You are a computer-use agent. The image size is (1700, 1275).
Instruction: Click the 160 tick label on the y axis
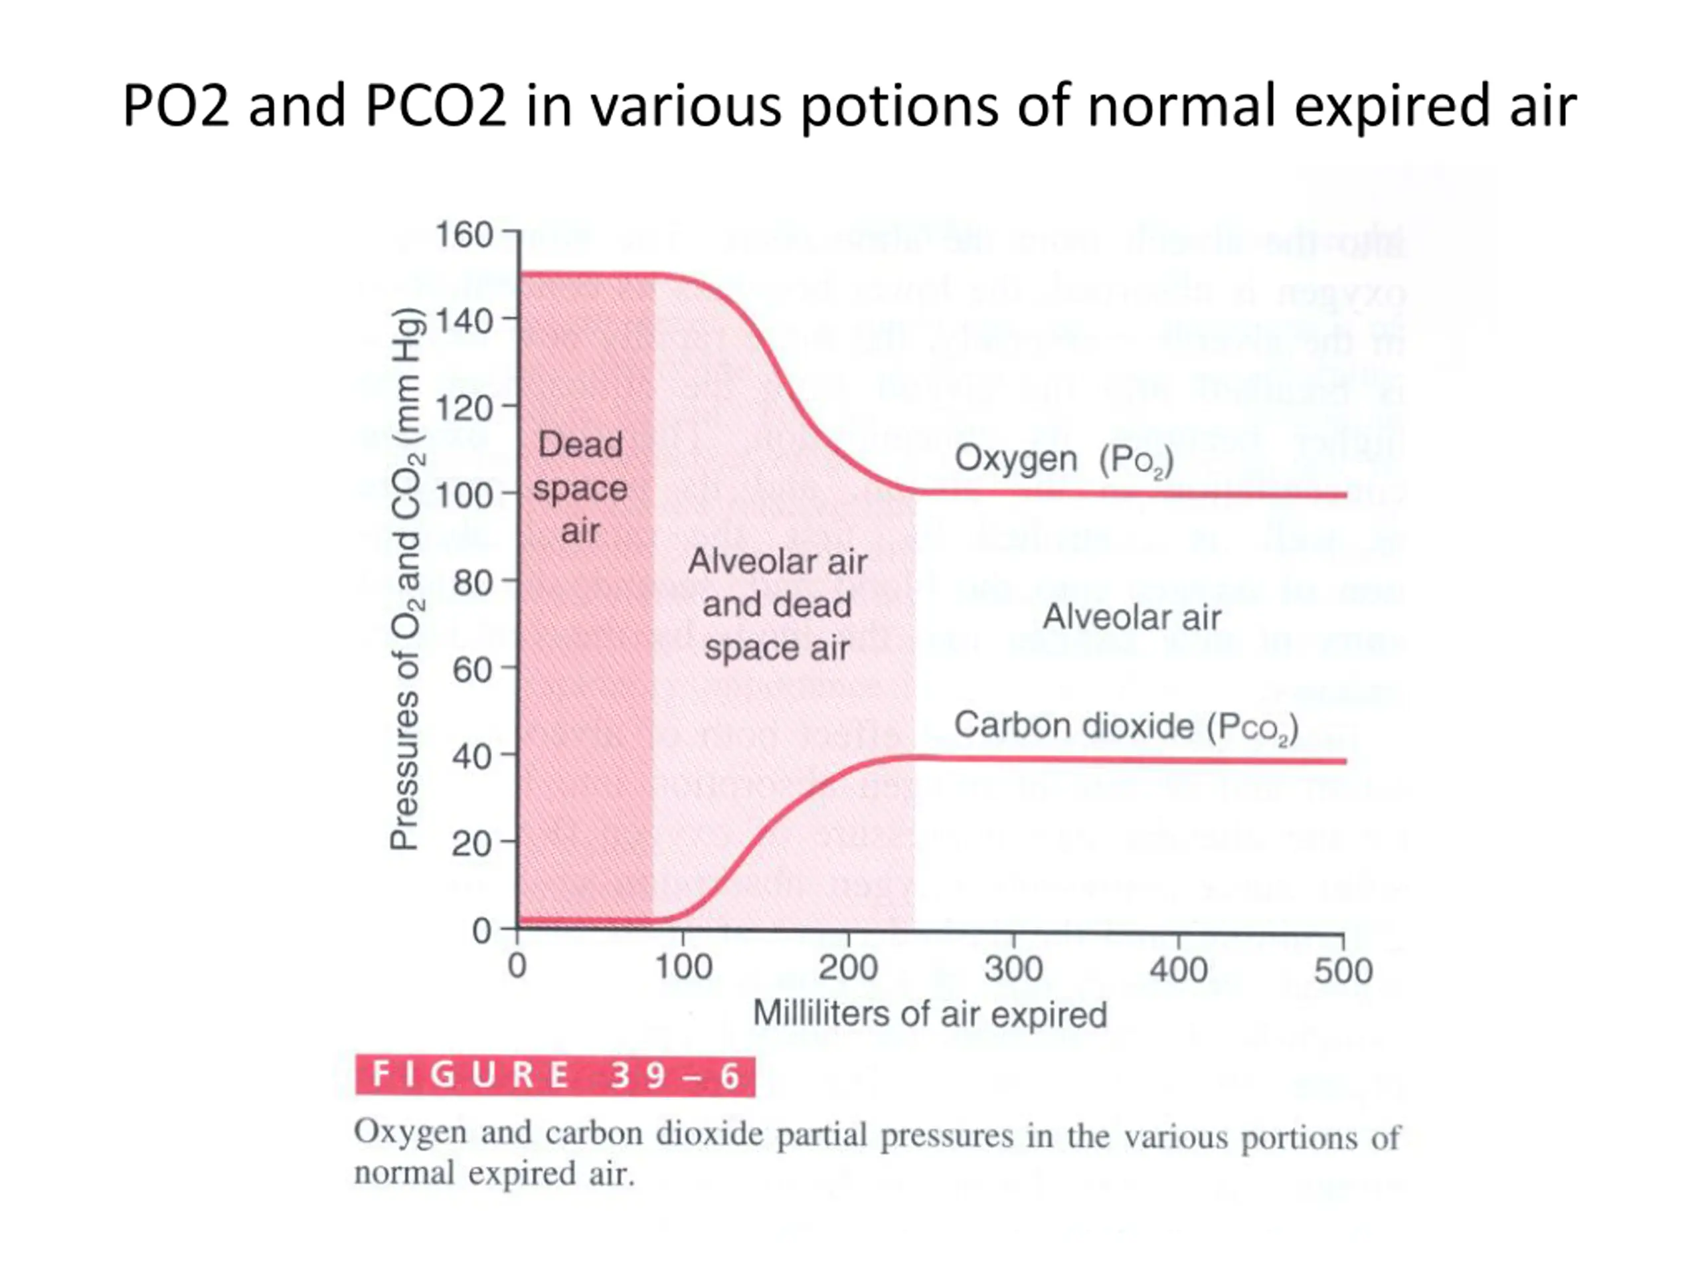coord(464,235)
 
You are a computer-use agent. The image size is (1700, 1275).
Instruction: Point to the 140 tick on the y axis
coord(464,321)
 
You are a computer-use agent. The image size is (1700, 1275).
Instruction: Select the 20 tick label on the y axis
coord(473,845)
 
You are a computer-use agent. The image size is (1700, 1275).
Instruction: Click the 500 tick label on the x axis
coord(1343,971)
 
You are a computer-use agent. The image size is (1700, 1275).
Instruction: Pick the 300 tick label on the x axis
coord(1013,968)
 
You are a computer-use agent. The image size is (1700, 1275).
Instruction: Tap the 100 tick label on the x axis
coord(683,967)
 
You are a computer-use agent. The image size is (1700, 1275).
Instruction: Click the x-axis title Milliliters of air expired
coord(930,1014)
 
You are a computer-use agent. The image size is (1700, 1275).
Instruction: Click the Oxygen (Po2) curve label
coord(1064,460)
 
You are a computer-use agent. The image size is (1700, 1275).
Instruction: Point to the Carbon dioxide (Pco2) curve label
coord(1126,727)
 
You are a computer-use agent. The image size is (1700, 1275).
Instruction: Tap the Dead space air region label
coord(580,488)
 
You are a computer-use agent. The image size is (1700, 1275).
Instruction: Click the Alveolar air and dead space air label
coord(777,605)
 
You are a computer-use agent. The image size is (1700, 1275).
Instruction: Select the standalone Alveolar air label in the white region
coord(1132,617)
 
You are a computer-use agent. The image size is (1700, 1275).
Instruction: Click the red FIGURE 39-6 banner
coord(555,1075)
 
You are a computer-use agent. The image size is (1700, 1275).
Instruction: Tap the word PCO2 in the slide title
coord(436,106)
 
